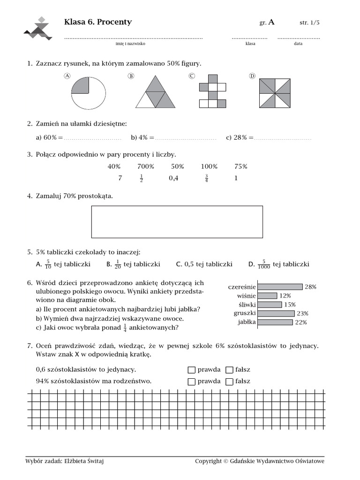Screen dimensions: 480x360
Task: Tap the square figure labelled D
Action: tap(275, 93)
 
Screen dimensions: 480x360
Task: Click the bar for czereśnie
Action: tap(280, 287)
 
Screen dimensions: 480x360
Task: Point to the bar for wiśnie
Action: tap(267, 296)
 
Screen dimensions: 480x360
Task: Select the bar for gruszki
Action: tap(276, 314)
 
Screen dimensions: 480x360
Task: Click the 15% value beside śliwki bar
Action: tap(290, 305)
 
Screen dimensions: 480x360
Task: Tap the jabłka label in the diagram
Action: tap(246, 322)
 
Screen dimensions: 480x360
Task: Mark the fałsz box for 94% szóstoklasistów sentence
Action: tap(229, 382)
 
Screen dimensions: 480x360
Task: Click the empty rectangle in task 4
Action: tap(177, 222)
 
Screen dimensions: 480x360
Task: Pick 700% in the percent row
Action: tap(146, 166)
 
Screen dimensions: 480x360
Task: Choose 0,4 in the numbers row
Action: tap(173, 178)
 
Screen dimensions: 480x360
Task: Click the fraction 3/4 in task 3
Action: tap(206, 178)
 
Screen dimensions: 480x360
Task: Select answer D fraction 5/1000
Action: tap(264, 264)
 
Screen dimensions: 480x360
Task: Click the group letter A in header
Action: tap(271, 22)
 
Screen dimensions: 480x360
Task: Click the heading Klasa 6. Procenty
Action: tap(97, 22)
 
